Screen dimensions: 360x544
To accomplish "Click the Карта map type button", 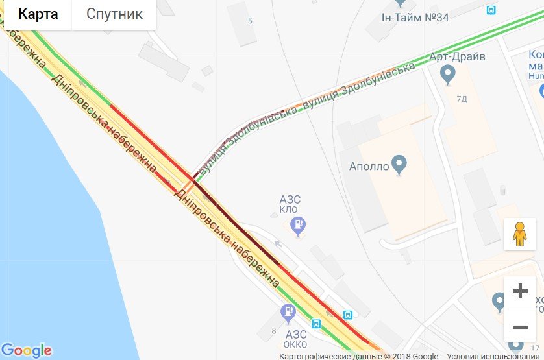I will (38, 14).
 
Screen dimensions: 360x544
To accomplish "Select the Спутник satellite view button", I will (114, 14).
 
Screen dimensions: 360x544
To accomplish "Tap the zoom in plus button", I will (520, 291).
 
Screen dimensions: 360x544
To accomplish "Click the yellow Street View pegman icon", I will (519, 234).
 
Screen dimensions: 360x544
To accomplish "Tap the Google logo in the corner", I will (27, 350).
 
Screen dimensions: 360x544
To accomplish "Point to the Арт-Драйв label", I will (457, 56).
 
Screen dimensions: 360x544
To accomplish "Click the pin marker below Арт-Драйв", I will (447, 75).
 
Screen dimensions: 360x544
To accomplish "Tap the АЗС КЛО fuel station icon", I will (298, 226).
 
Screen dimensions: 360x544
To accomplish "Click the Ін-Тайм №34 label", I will (415, 18).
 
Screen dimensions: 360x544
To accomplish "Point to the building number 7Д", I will (462, 99).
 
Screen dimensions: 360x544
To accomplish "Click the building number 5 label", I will (250, 21).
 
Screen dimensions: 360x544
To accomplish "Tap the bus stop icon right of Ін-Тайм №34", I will (491, 10).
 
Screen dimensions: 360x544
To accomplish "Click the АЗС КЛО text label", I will (290, 204).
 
